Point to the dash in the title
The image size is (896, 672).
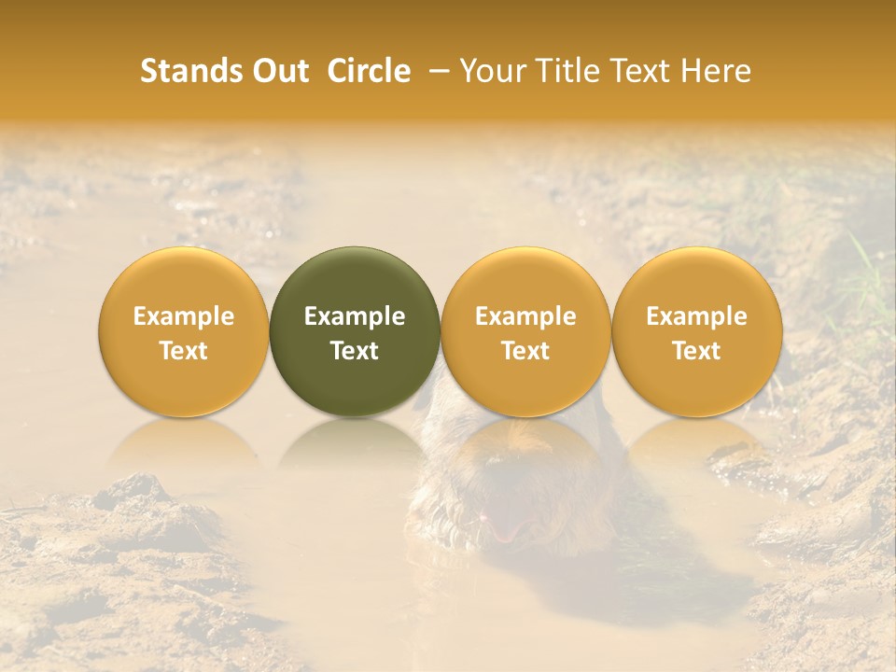click(x=436, y=71)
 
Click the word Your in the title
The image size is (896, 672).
click(x=492, y=71)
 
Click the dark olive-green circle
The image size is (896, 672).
click(x=355, y=280)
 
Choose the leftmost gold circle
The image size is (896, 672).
click(x=183, y=280)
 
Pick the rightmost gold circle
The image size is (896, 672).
click(x=697, y=280)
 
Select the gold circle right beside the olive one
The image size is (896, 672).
click(x=525, y=280)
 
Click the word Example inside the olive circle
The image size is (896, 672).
click(x=355, y=317)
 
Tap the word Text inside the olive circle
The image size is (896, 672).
click(x=355, y=351)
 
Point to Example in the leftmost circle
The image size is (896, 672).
click(x=183, y=317)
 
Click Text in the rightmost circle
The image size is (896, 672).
click(x=697, y=351)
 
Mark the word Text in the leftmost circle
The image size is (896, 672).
click(x=183, y=351)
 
